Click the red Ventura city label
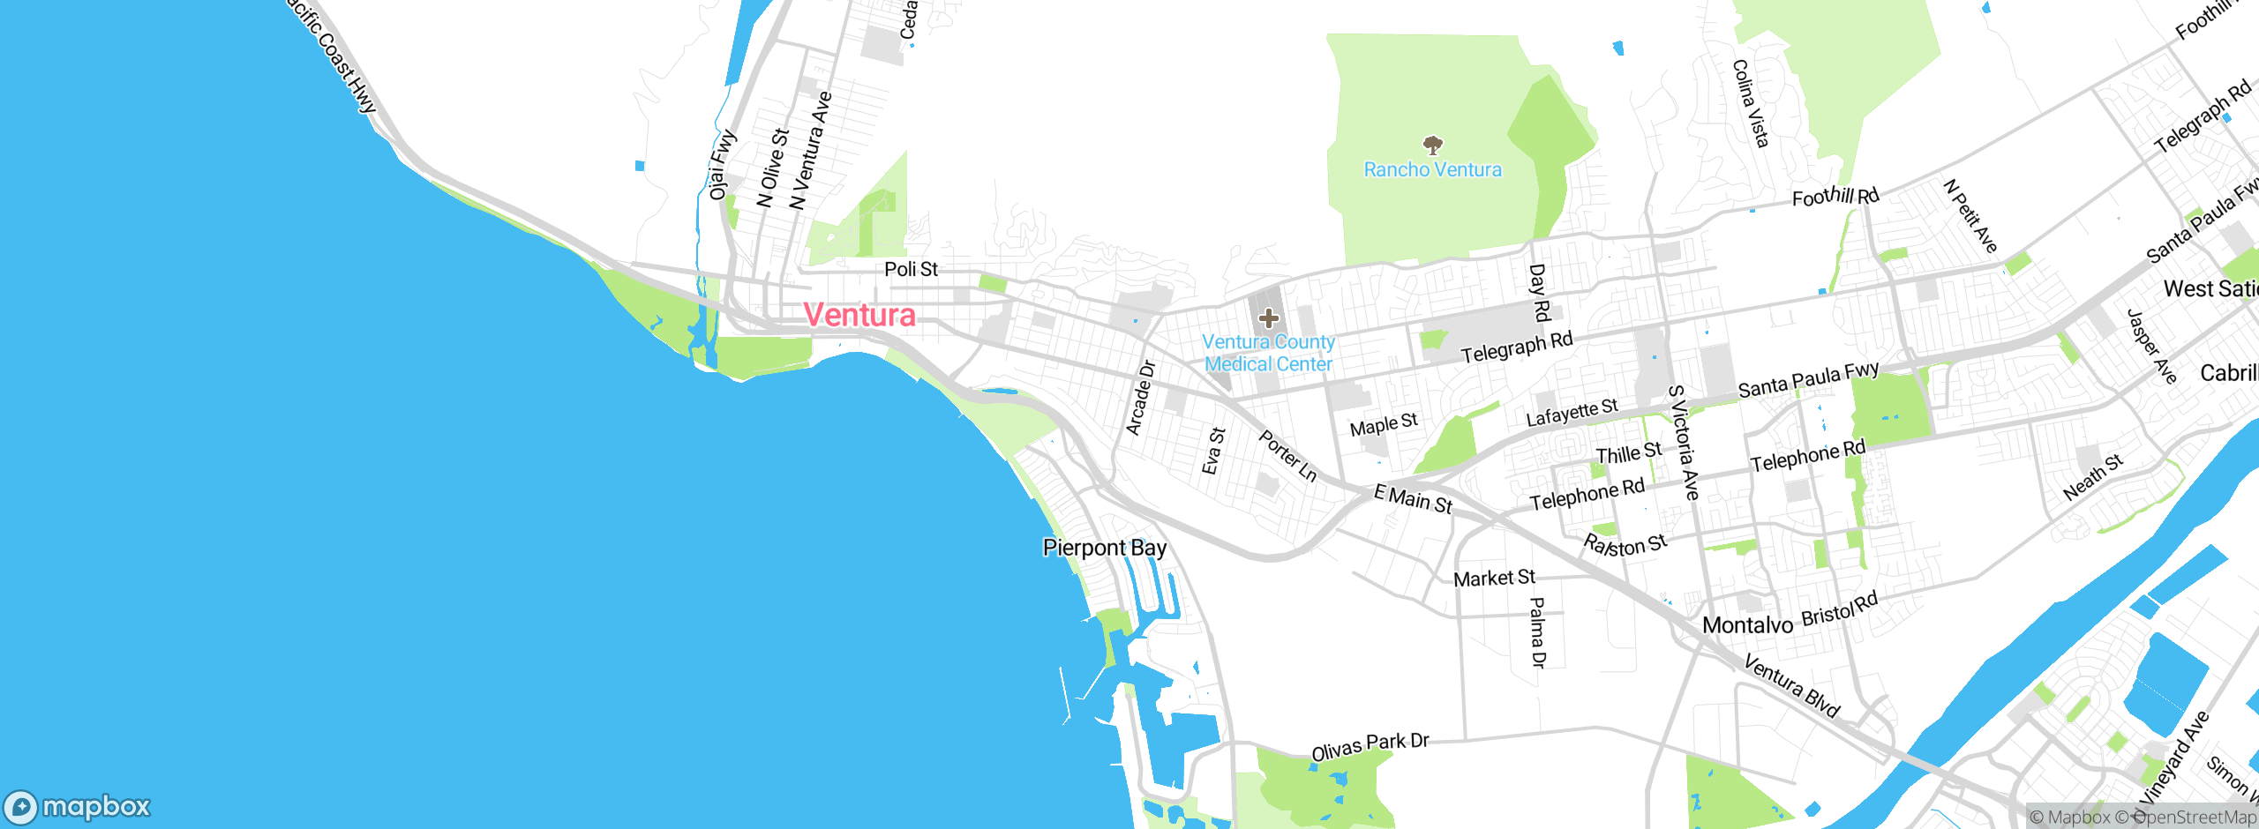[x=859, y=315]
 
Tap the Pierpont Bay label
[x=1104, y=548]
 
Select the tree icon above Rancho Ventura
[x=1433, y=144]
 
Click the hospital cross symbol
[x=1268, y=318]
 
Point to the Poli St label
[x=911, y=269]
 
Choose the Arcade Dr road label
[x=1140, y=398]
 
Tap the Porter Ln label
[x=1287, y=456]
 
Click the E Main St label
[x=1413, y=499]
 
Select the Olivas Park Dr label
[x=1370, y=746]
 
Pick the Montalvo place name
[x=1747, y=625]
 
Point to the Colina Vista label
[x=1751, y=103]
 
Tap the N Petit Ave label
[x=1970, y=216]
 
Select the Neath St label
[x=2093, y=478]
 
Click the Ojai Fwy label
[x=722, y=165]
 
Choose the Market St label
[x=1494, y=579]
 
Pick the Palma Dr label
[x=1537, y=632]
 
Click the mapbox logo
[x=78, y=807]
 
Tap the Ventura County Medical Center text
[x=1269, y=353]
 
